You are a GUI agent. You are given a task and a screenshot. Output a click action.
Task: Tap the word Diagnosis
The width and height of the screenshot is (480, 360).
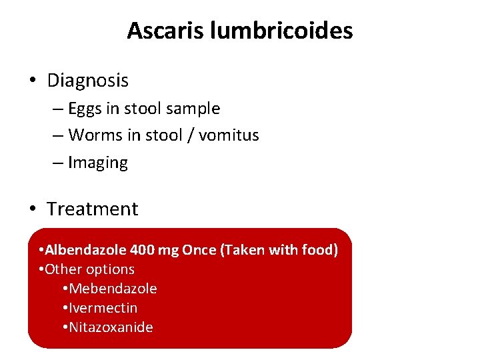[87, 81]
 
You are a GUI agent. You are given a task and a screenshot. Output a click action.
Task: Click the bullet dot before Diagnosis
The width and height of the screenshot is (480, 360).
[32, 81]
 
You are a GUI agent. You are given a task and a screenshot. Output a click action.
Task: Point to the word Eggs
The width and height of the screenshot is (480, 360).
[85, 109]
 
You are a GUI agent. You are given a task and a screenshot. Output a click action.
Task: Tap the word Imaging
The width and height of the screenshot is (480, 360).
[97, 163]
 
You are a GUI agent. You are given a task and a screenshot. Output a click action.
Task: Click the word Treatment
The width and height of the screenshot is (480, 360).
[92, 209]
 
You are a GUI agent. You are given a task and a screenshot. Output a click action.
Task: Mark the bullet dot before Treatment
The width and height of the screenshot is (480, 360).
[32, 209]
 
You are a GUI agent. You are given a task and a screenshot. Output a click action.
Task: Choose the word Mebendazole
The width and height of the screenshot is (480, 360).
[113, 289]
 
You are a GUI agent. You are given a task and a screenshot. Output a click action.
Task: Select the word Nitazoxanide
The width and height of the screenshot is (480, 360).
[111, 327]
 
